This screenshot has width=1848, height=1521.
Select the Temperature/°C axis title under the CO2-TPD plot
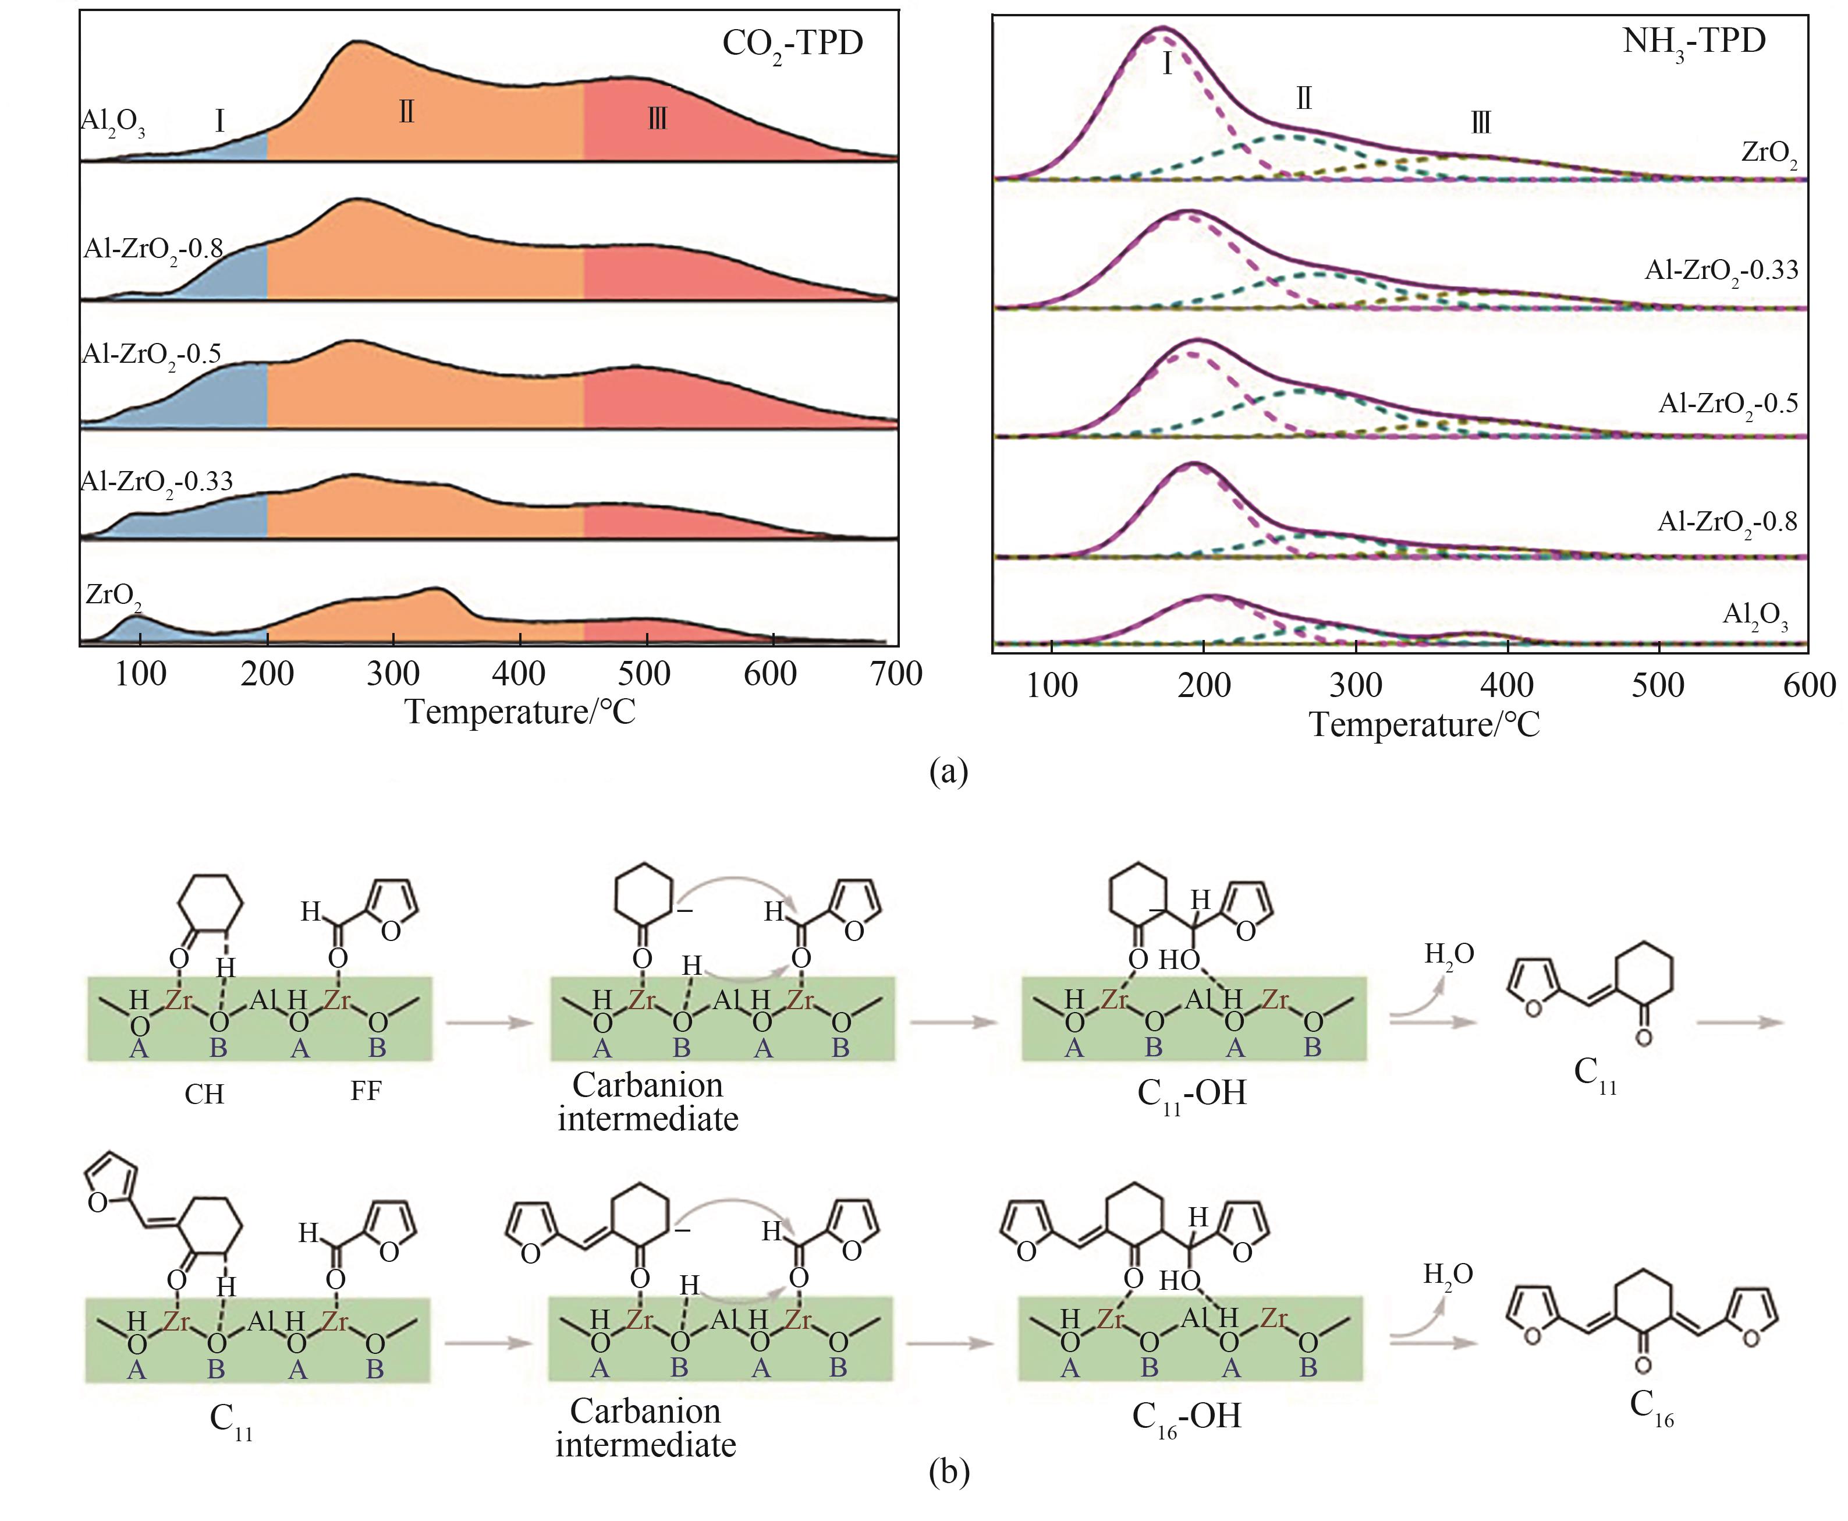click(x=520, y=712)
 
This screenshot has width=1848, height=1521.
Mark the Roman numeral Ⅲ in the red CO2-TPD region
click(x=657, y=118)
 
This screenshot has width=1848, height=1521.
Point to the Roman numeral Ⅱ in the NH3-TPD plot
click(x=1303, y=99)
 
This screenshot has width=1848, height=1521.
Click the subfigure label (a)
click(x=949, y=772)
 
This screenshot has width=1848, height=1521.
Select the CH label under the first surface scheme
click(x=204, y=1094)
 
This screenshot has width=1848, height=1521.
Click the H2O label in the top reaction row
click(x=1449, y=954)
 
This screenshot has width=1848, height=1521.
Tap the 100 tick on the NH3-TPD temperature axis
click(x=1052, y=685)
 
